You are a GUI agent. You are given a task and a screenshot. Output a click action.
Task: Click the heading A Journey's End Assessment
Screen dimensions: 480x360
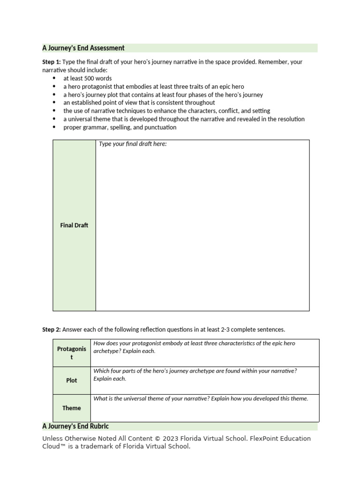83,48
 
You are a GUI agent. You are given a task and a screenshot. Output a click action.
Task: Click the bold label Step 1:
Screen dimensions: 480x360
52,62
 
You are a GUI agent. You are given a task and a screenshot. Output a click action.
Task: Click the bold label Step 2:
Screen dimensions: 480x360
52,330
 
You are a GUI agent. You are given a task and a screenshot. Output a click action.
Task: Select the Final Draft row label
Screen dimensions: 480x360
74,225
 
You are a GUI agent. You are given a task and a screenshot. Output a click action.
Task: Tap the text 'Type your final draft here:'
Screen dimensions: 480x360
133,144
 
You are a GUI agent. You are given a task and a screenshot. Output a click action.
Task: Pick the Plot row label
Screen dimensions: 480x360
72,381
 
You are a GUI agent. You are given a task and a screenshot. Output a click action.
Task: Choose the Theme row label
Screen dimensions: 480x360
72,408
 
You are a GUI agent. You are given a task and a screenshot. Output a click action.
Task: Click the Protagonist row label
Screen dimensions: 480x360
72,353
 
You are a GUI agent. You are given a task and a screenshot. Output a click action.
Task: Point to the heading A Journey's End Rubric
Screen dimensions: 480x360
75,426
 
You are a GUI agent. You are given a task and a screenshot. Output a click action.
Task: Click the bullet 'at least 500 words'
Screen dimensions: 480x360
88,78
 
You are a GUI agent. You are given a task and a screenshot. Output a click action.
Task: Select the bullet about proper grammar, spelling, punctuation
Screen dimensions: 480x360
120,127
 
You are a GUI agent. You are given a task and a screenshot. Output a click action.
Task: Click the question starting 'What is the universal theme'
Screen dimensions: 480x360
201,398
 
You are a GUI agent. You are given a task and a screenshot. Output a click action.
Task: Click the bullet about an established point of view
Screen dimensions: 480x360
139,103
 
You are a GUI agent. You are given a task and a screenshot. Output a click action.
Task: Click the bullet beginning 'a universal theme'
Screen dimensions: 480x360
184,119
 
